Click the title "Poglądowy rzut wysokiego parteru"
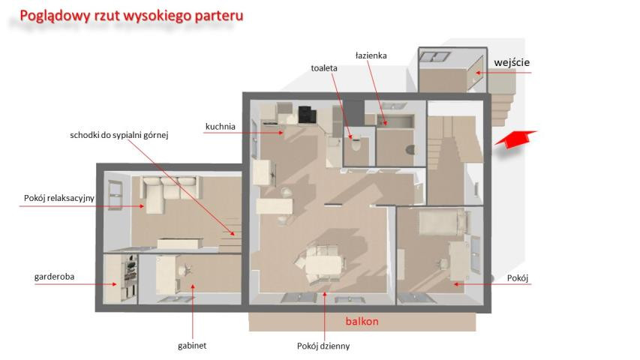(x=131, y=16)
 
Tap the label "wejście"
(x=512, y=62)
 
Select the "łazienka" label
(x=371, y=55)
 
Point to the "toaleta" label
(x=324, y=68)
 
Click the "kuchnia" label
(x=221, y=127)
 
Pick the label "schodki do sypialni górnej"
(x=119, y=135)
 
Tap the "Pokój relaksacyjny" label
(x=59, y=198)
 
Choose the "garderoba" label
(x=54, y=277)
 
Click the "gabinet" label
(x=192, y=346)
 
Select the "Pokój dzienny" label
(x=323, y=346)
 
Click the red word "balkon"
(x=362, y=321)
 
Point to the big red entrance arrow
(x=515, y=139)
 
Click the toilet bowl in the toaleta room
(x=356, y=144)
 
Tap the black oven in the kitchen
(x=307, y=114)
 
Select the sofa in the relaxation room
(x=170, y=193)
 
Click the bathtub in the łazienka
(x=395, y=121)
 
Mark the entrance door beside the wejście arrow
(x=476, y=73)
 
